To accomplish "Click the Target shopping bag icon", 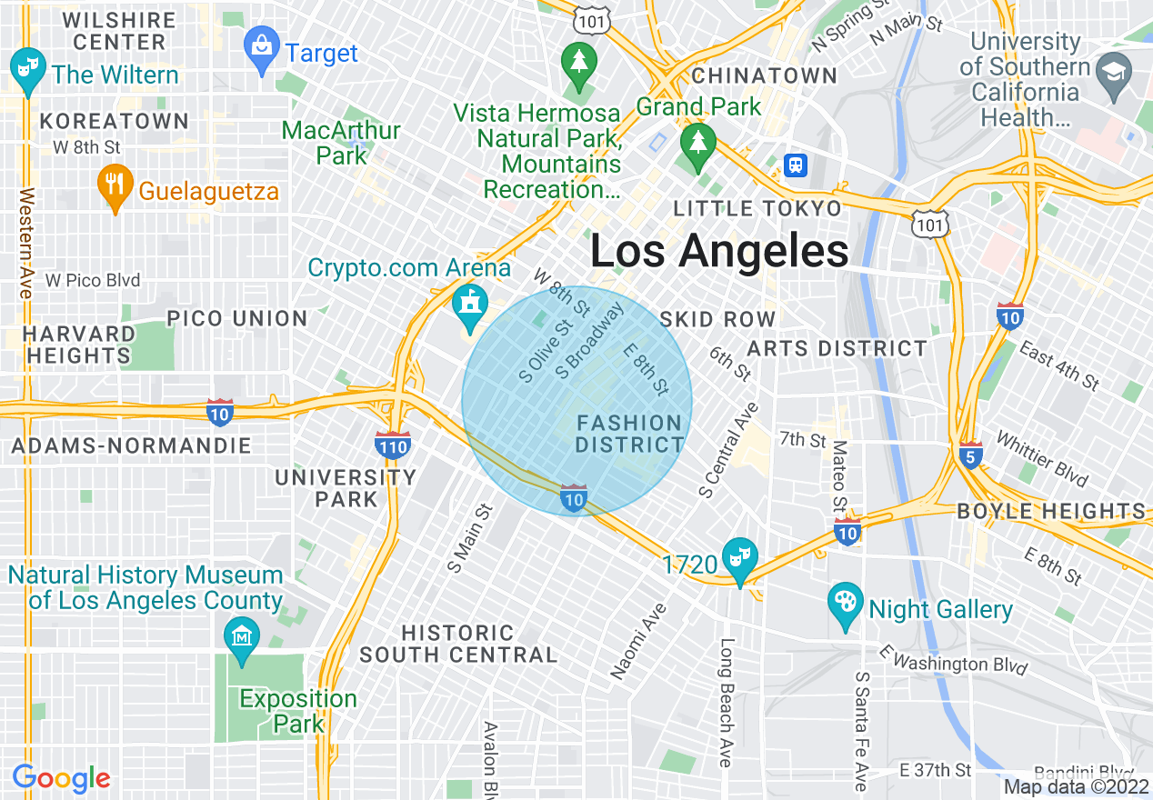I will (262, 53).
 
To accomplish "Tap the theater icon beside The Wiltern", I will (28, 71).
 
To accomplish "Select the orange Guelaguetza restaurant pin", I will (114, 187).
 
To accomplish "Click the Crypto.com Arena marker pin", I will (470, 306).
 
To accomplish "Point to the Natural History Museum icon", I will (242, 639).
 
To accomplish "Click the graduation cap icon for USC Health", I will (1112, 72).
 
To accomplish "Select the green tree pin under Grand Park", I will (697, 145).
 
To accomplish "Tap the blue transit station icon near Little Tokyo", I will (796, 165).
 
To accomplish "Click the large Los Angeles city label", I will (719, 251).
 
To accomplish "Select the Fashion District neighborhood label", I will (629, 434).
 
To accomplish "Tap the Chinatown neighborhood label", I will (764, 75).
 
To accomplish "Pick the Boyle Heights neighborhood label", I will (1051, 511).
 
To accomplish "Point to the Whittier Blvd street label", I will (1041, 458).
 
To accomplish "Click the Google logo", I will (61, 778).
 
